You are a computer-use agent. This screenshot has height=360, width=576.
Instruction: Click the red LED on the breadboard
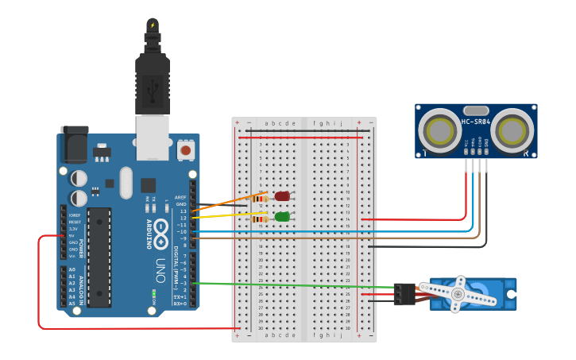coord(282,196)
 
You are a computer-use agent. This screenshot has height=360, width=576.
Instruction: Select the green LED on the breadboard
coord(282,216)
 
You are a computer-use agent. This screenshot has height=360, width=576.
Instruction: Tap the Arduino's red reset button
coord(186,149)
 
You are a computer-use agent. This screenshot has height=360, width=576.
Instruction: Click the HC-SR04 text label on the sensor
coord(476,122)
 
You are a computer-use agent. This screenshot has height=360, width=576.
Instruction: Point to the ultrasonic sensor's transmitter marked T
coord(439,129)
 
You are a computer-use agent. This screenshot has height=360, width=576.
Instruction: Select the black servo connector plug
coord(404,294)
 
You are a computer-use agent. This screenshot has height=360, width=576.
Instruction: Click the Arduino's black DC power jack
coord(74,145)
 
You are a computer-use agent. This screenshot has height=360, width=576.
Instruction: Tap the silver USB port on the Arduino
coord(153,134)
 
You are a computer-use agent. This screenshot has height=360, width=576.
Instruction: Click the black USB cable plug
coord(153,79)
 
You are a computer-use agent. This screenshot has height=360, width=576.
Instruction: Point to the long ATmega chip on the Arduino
coord(99,257)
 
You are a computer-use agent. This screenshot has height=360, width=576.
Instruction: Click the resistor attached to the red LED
coord(258,199)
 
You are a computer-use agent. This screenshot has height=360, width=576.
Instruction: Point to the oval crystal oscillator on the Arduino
coord(126,183)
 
